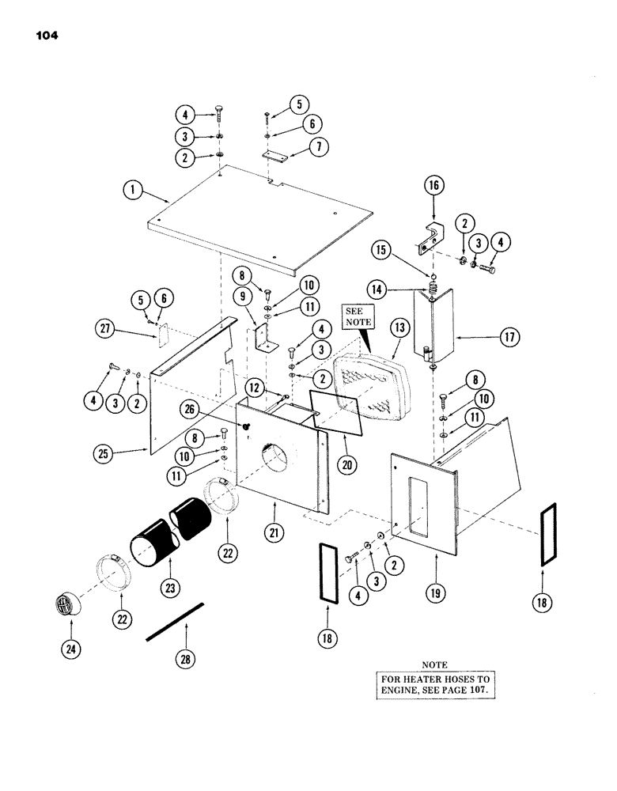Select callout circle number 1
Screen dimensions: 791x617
point(133,189)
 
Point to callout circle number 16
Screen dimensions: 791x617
point(434,187)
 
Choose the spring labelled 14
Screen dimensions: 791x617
point(433,287)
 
